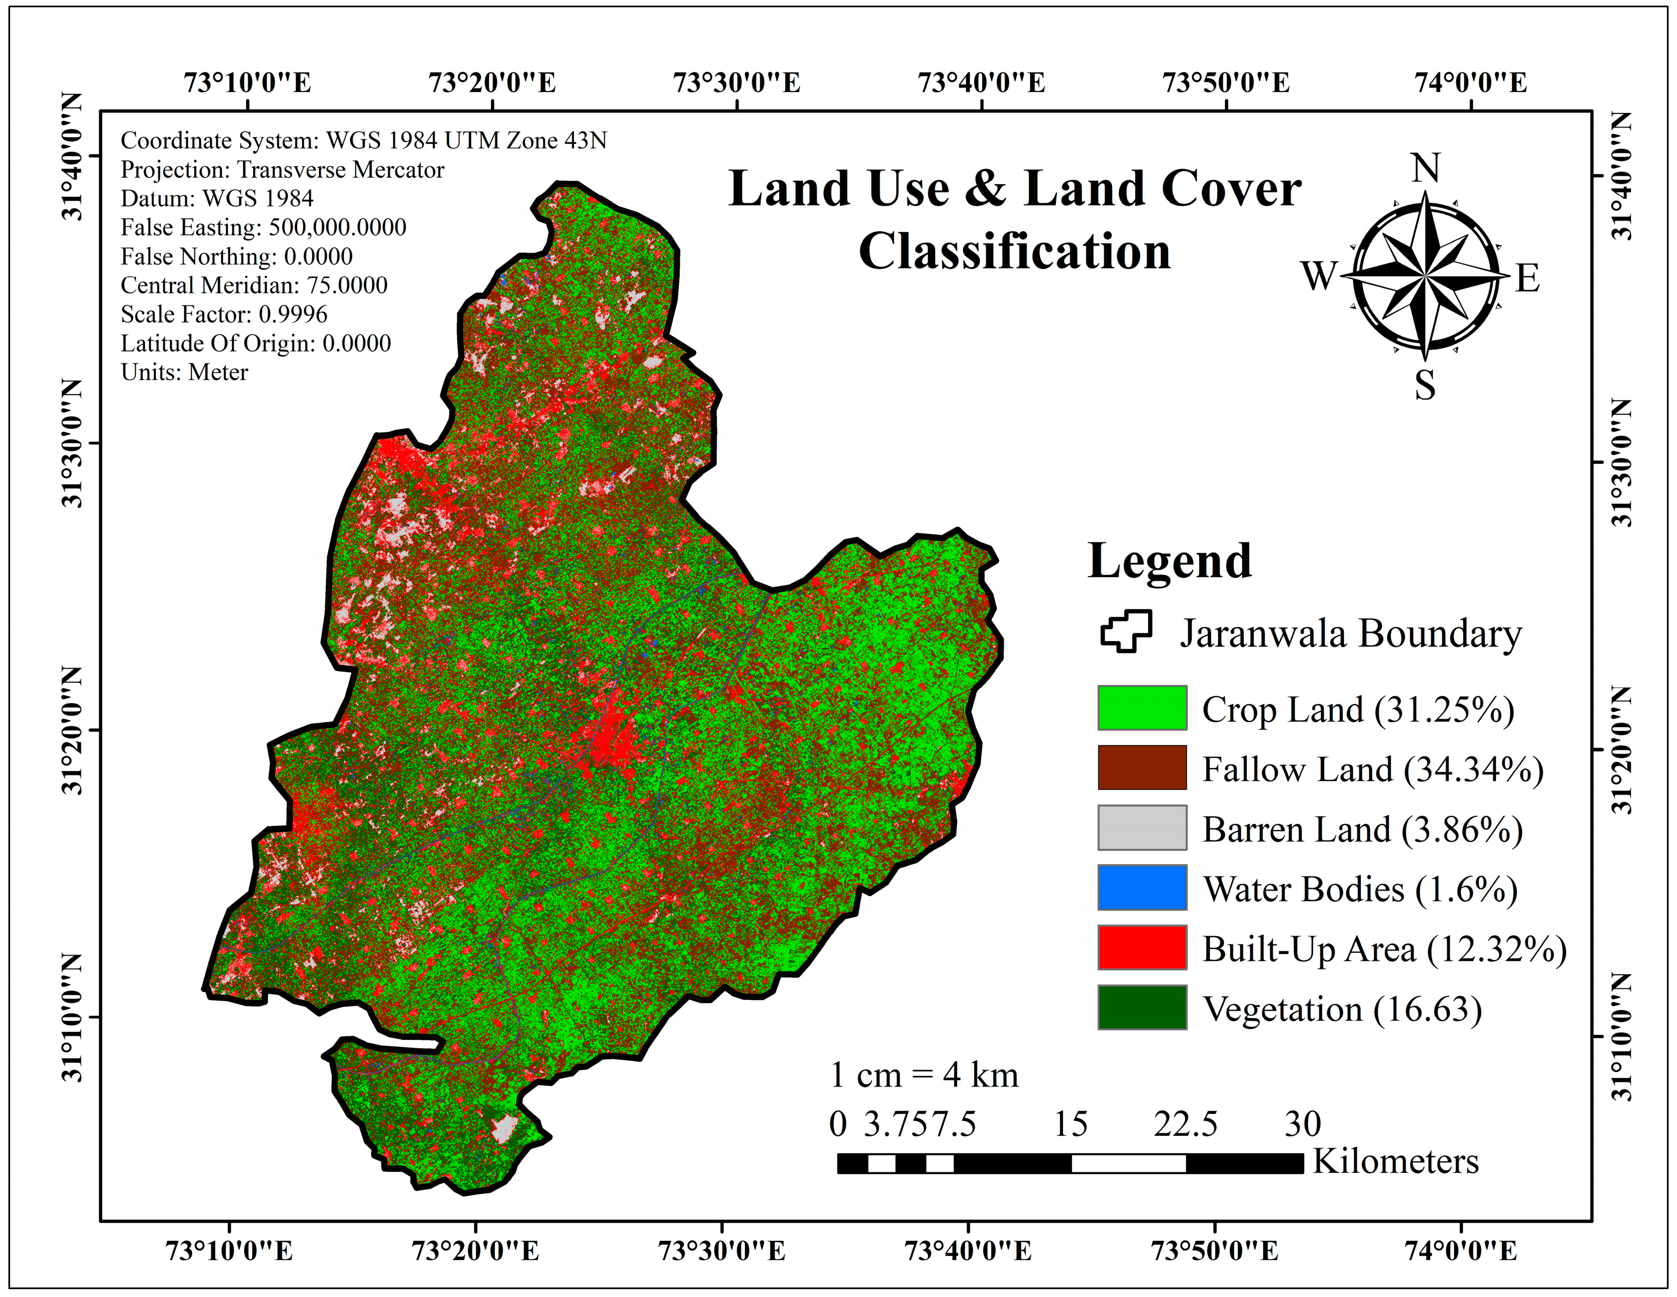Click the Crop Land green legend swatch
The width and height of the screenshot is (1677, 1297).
click(1142, 707)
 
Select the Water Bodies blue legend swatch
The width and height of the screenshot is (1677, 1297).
click(1142, 888)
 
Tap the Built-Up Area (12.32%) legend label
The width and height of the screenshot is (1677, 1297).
click(1384, 949)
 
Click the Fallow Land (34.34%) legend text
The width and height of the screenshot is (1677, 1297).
click(1372, 769)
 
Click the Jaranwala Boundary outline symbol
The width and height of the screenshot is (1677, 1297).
click(1125, 632)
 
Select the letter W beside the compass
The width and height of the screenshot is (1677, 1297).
click(1319, 276)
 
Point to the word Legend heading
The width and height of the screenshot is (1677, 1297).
click(1169, 561)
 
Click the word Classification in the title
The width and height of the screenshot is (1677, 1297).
click(1014, 252)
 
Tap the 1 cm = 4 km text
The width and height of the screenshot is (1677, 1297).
click(924, 1075)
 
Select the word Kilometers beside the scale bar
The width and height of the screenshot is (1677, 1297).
click(1395, 1161)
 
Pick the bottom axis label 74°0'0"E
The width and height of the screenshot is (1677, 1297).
click(1460, 1251)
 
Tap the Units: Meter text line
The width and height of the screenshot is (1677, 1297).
click(184, 372)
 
